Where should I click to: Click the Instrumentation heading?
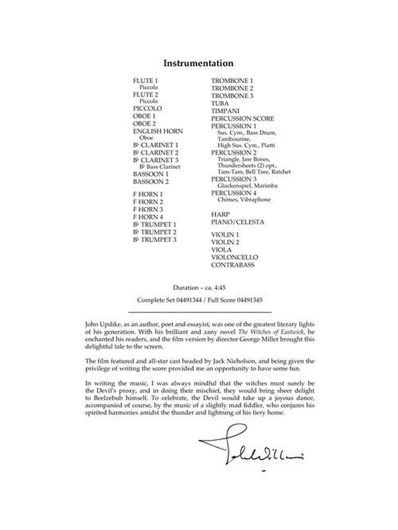(x=198, y=63)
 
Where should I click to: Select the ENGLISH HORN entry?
(x=158, y=131)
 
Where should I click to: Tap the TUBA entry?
(x=220, y=103)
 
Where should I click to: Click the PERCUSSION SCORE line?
(x=242, y=118)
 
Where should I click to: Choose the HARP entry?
(x=220, y=214)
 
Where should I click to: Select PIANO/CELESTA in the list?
(x=237, y=222)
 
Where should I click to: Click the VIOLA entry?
(x=222, y=249)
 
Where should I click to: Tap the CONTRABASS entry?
(x=233, y=265)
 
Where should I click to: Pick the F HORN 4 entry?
(x=148, y=217)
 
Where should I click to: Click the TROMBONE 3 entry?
(x=232, y=95)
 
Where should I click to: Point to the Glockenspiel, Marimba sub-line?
(x=247, y=186)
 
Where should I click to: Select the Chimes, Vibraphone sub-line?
(x=244, y=200)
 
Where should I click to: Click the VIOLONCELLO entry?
(x=234, y=257)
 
